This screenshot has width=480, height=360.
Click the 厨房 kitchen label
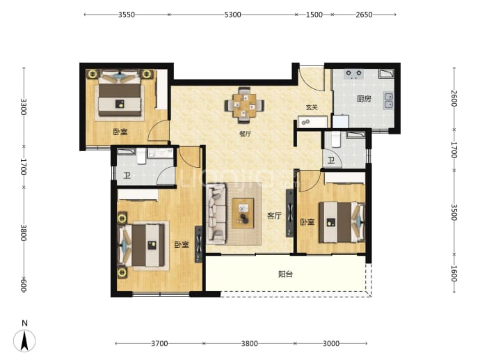click(364, 99)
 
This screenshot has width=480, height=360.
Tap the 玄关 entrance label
click(312, 107)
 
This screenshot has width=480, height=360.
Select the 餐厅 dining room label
click(245, 134)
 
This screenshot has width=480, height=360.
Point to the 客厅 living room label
click(274, 216)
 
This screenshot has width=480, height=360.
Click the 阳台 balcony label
click(285, 274)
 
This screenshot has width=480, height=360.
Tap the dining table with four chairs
click(244, 104)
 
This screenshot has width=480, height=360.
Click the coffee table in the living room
click(243, 213)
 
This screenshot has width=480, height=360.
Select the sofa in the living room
click(216, 214)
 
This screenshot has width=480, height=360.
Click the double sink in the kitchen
click(389, 101)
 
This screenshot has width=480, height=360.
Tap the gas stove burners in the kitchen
click(353, 74)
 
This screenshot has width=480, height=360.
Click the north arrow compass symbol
click(24, 341)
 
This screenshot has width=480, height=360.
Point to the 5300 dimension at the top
click(232, 15)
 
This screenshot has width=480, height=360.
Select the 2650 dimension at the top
click(364, 15)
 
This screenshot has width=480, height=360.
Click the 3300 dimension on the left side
click(24, 107)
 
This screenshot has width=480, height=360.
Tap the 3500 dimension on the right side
click(454, 212)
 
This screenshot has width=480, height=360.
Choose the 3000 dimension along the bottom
click(331, 343)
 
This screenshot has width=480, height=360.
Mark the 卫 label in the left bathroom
click(127, 175)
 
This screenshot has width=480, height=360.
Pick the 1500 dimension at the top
click(314, 15)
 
